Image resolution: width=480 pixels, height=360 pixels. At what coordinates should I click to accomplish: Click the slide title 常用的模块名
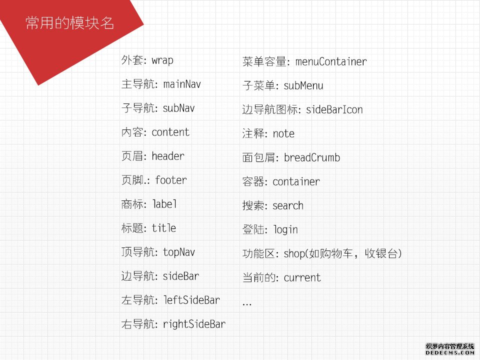(70, 23)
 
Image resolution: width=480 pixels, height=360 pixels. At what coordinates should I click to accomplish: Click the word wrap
(162, 60)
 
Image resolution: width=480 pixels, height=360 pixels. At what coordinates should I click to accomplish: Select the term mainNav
(182, 84)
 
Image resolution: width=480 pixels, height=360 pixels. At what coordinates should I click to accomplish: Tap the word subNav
(179, 108)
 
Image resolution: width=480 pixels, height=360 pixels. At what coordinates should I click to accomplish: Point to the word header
(168, 156)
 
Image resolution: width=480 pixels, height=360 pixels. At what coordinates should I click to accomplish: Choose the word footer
(171, 180)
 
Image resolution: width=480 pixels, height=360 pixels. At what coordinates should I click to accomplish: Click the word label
(164, 204)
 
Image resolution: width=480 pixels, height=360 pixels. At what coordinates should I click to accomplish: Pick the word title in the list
(164, 228)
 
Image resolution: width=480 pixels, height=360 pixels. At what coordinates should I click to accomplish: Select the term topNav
(179, 252)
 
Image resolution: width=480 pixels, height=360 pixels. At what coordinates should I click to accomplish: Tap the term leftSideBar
(191, 300)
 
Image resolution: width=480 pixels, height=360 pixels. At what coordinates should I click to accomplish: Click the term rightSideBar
(194, 324)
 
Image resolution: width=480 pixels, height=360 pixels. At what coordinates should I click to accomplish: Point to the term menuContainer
(331, 61)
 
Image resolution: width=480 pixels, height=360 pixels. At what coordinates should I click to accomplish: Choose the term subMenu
(303, 85)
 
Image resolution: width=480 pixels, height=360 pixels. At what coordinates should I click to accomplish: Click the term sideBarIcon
(334, 109)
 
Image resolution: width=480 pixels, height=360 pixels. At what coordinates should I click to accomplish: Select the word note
(283, 134)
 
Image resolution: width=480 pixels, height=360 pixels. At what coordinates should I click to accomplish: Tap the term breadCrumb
(312, 157)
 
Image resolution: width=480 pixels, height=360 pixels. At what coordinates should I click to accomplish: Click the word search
(288, 205)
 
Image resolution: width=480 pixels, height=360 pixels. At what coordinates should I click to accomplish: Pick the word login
(285, 229)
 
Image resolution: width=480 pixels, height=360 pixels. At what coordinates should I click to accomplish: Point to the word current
(302, 277)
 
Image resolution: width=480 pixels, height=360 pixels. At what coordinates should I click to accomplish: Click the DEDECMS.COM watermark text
(449, 352)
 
